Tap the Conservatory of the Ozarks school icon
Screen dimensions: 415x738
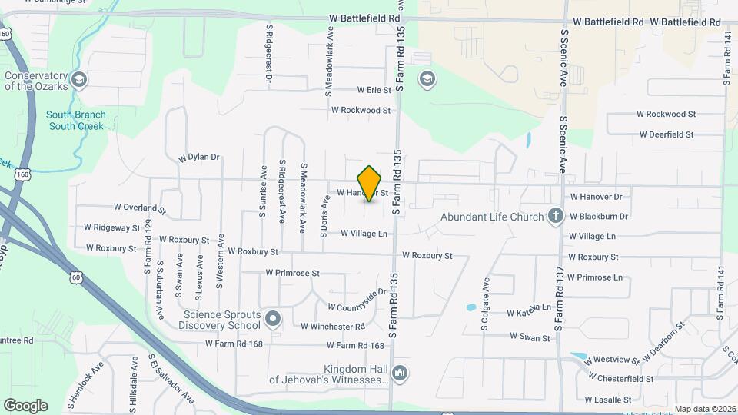coord(78,80)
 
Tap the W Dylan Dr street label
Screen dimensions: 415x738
coord(199,157)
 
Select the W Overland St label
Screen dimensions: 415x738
coord(140,207)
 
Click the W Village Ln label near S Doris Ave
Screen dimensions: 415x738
coord(364,233)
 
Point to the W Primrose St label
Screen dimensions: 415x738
coord(292,273)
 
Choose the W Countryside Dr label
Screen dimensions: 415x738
coord(356,300)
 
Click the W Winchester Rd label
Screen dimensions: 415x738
coord(333,326)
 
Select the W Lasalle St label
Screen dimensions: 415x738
coord(607,400)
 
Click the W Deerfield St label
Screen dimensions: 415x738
coord(667,134)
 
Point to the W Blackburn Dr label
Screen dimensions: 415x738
coord(599,217)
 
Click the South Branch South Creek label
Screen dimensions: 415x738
coord(76,120)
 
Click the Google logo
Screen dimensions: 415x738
coord(25,406)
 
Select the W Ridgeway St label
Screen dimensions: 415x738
coord(112,228)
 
